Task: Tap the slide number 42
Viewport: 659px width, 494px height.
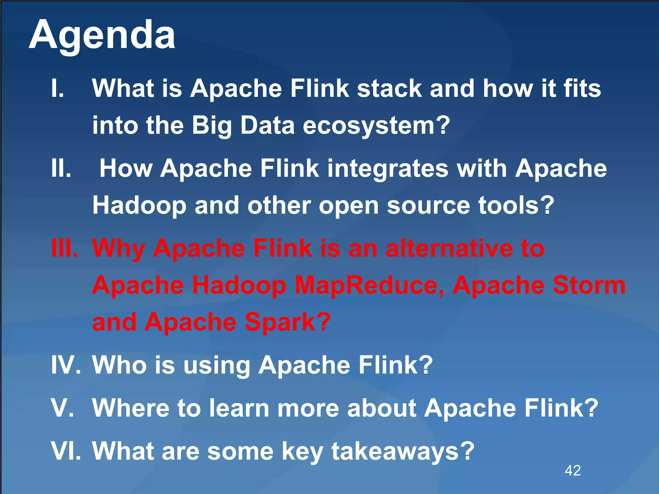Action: pyautogui.click(x=573, y=471)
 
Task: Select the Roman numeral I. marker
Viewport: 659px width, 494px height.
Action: pyautogui.click(x=58, y=88)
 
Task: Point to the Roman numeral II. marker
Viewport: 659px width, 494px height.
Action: pyautogui.click(x=61, y=168)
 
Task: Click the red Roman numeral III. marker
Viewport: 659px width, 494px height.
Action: pyautogui.click(x=65, y=248)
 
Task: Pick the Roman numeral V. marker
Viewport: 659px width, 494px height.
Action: pyautogui.click(x=62, y=408)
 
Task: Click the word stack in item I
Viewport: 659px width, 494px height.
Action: pyautogui.click(x=389, y=88)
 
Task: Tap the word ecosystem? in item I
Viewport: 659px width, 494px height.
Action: pyautogui.click(x=376, y=125)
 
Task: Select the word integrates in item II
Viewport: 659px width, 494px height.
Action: pyautogui.click(x=388, y=168)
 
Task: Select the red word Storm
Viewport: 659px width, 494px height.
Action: pyautogui.click(x=589, y=286)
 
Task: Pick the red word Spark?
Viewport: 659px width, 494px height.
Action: pyautogui.click(x=288, y=322)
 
